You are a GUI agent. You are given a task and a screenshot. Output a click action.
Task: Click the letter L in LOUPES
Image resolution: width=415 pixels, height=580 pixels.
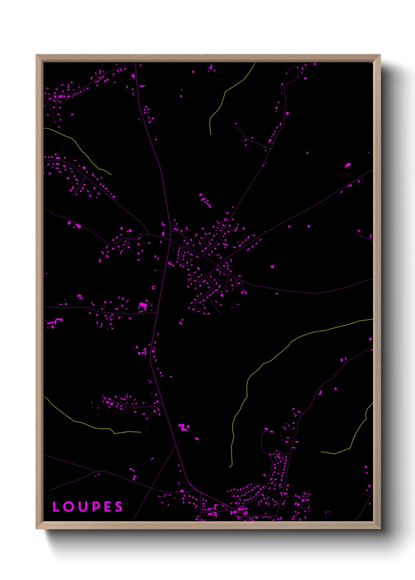(x=56, y=507)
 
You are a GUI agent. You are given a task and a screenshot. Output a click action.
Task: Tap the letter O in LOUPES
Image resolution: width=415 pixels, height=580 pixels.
(x=69, y=507)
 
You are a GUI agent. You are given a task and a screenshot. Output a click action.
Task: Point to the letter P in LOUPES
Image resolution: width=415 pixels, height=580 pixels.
(x=95, y=507)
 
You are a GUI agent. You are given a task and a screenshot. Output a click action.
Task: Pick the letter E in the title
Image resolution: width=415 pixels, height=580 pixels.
(x=107, y=507)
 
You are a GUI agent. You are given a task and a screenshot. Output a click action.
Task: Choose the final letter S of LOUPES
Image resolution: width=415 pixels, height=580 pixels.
(x=118, y=507)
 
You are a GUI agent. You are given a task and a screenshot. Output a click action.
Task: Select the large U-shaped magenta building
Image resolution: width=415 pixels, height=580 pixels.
(x=143, y=306)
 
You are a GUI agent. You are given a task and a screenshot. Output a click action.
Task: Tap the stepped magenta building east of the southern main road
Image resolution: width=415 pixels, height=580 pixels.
(x=183, y=427)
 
